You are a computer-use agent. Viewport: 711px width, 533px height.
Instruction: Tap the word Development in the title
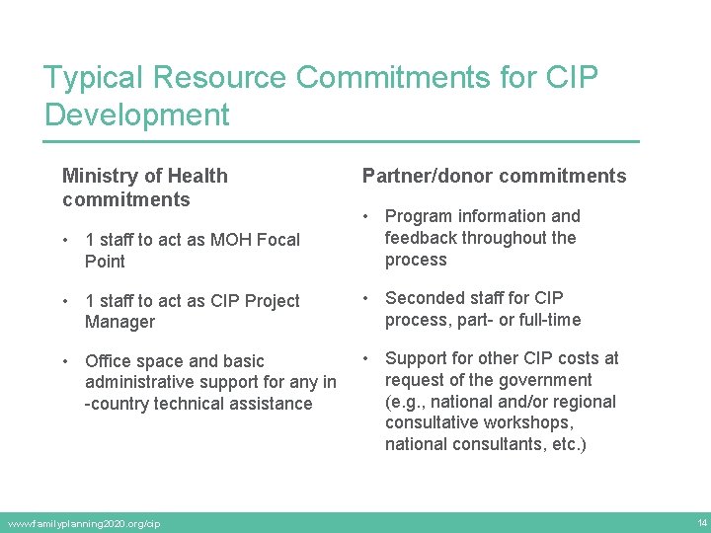[x=137, y=114]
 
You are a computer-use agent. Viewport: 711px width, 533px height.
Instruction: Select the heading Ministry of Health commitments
[x=144, y=188]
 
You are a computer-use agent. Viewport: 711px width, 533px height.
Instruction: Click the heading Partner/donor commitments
[x=494, y=176]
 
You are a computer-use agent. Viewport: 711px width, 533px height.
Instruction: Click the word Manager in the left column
[x=119, y=322]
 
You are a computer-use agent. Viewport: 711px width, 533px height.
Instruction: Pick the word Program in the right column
[x=419, y=216]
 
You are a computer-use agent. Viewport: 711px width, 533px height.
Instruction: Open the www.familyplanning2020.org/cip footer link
[x=83, y=523]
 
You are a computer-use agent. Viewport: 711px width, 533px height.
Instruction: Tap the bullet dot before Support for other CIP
[x=367, y=358]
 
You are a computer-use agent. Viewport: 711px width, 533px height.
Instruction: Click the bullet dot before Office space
[x=66, y=361]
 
